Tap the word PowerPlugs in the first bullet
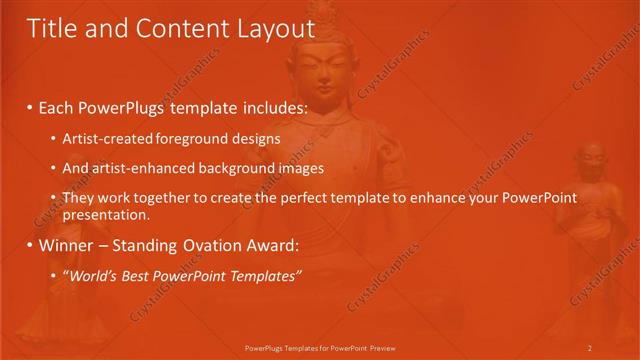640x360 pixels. click(x=119, y=106)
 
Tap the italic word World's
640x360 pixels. click(x=95, y=275)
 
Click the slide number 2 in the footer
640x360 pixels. click(x=590, y=347)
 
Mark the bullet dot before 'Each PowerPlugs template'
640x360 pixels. click(x=31, y=107)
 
